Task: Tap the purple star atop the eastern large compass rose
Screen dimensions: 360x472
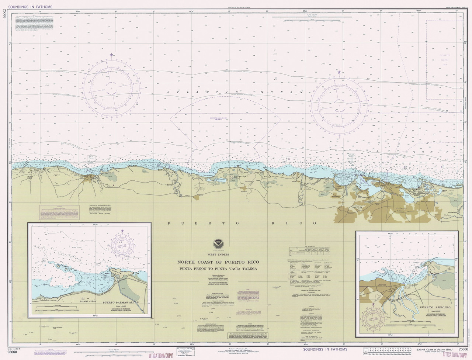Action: tap(339, 73)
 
